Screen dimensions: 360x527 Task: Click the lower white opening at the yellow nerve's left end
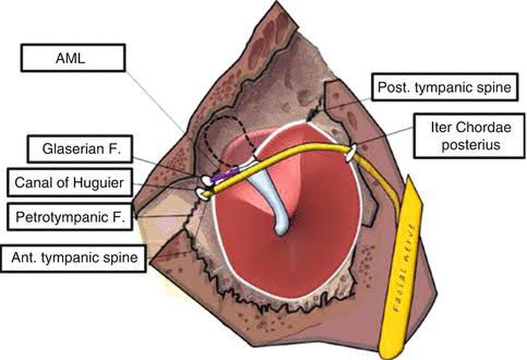click(x=201, y=193)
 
